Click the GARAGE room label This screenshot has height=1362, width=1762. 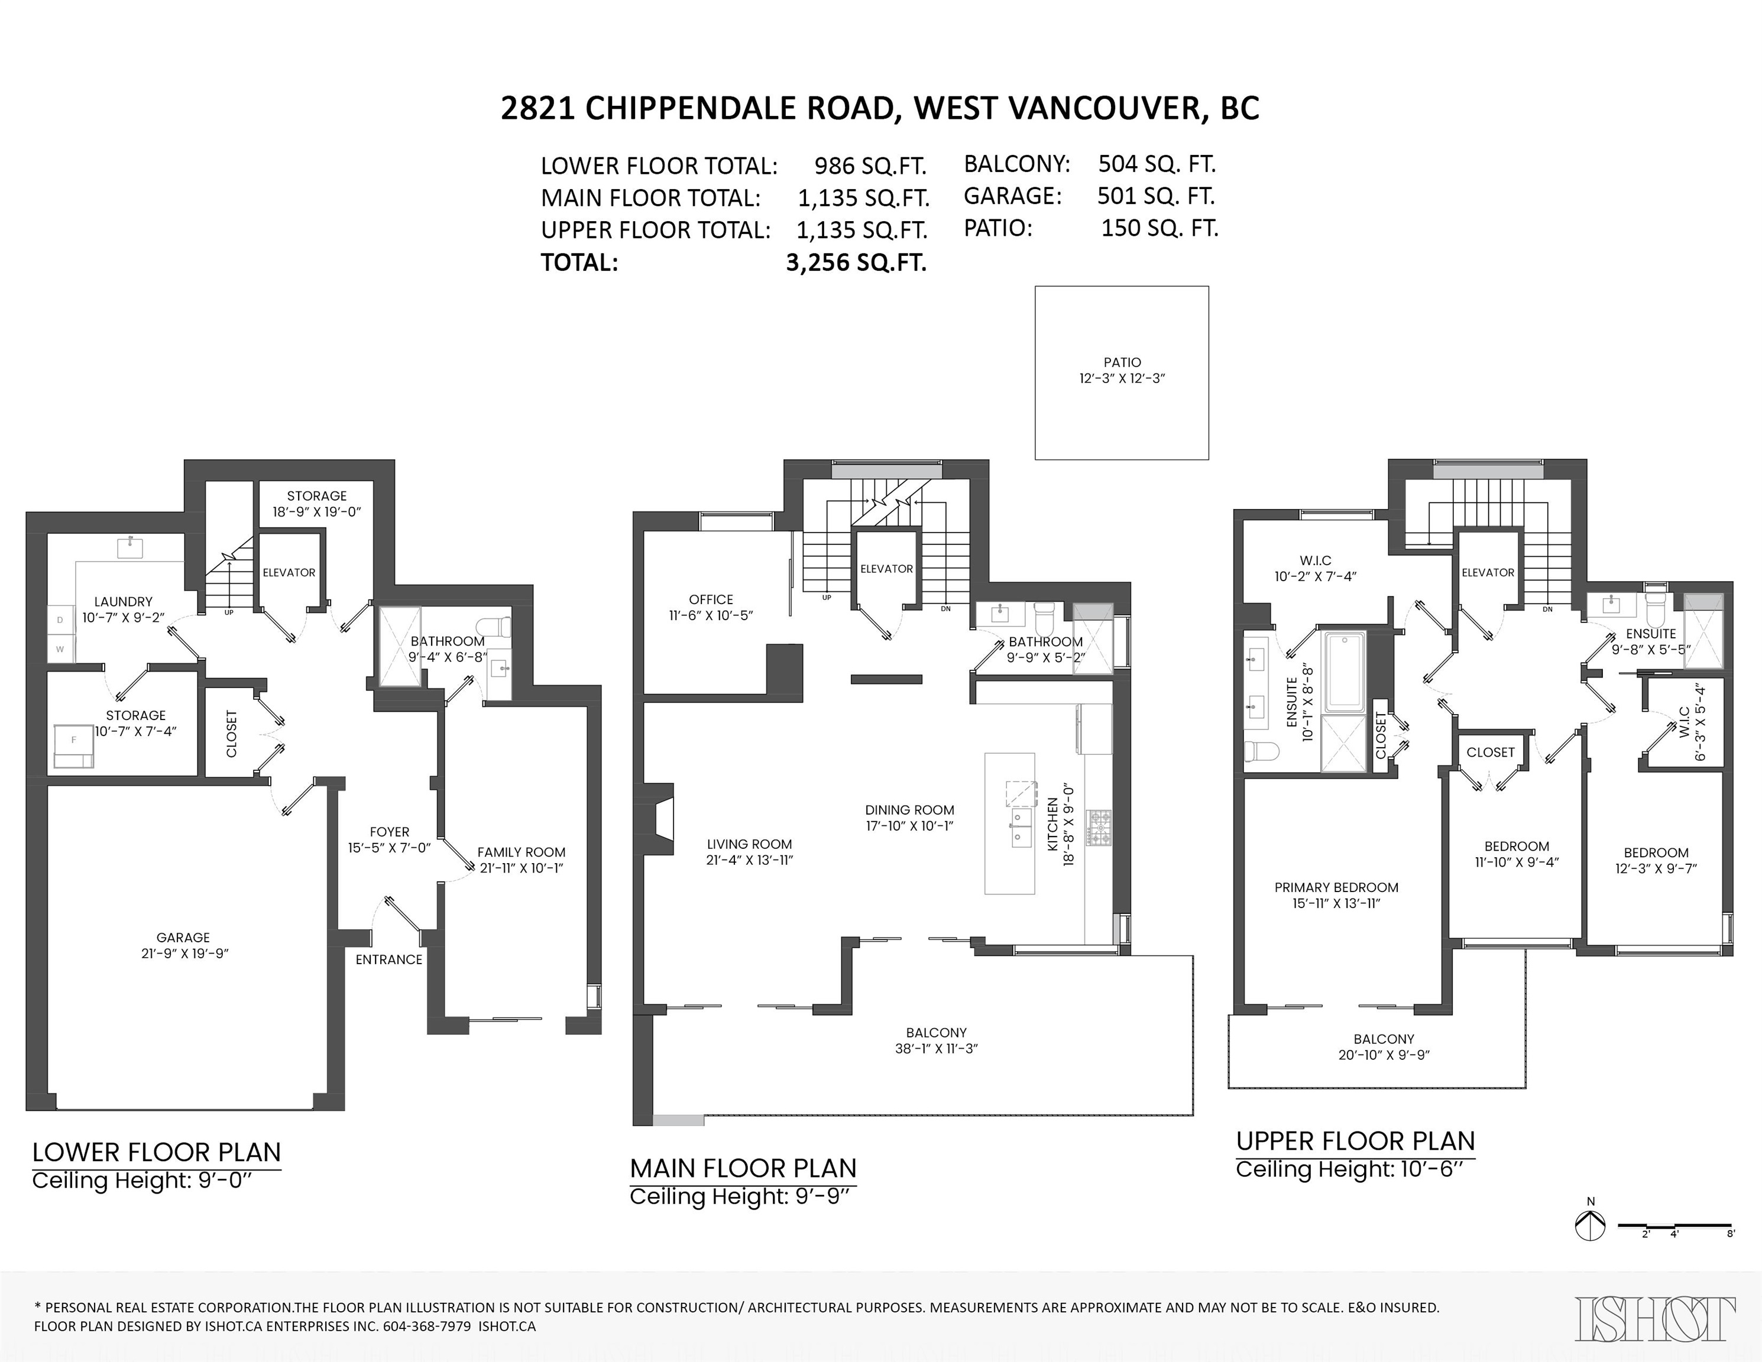(183, 938)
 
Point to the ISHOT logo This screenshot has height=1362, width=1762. (1656, 1318)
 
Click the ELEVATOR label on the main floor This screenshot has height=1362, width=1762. (887, 569)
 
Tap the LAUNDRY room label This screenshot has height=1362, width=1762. (124, 602)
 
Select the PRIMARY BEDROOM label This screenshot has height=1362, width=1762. (1337, 887)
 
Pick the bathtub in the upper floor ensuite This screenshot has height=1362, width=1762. (1343, 671)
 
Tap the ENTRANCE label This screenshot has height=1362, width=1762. (389, 959)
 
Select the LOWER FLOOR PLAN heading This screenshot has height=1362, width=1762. (157, 1152)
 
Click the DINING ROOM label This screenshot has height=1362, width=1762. (910, 810)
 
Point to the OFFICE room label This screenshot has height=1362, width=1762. (711, 599)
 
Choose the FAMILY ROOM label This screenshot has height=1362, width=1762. (521, 852)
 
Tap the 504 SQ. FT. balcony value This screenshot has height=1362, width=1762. (1157, 164)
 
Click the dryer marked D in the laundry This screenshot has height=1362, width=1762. (60, 620)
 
